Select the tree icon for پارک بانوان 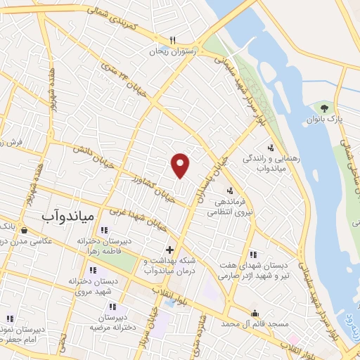(x=324, y=108)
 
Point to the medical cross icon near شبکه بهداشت (x=169, y=249)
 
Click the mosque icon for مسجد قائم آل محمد (x=255, y=313)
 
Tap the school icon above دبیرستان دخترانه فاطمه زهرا (x=104, y=230)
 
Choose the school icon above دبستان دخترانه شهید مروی (x=92, y=270)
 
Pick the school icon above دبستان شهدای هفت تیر (x=253, y=254)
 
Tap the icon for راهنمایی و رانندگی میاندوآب (x=271, y=148)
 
